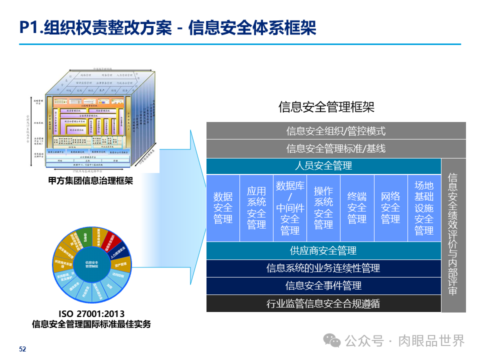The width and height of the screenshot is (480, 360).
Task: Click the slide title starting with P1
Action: (x=167, y=27)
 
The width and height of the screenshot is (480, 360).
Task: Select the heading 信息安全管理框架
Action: (x=326, y=107)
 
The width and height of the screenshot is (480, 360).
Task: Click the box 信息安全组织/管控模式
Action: (x=336, y=131)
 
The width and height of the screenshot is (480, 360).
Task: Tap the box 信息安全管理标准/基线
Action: (x=336, y=148)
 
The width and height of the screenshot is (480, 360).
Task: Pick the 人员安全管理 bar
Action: (x=323, y=166)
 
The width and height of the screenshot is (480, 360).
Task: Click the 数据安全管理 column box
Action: (x=223, y=208)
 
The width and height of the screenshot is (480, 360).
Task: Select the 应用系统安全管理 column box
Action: (x=256, y=208)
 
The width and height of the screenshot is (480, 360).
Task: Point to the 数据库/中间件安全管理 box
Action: (x=290, y=208)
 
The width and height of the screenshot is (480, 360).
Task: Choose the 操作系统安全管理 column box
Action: (x=323, y=208)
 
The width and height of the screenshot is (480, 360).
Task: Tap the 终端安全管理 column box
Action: (x=357, y=208)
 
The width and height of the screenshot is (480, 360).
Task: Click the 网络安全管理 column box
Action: (x=390, y=208)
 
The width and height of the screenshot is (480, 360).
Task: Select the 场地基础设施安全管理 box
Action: (x=424, y=208)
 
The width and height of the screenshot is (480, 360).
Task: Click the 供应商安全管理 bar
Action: (x=323, y=250)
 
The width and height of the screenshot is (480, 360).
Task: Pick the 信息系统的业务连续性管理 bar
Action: (x=323, y=268)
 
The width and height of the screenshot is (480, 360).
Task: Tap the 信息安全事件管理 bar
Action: (x=323, y=285)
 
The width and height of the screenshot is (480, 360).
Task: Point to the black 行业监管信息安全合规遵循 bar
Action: (x=323, y=303)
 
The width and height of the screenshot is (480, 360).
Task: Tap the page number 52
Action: (x=22, y=349)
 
